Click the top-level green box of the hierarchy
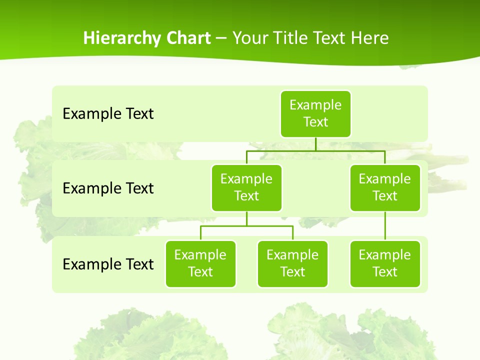click(x=315, y=113)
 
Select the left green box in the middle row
click(x=246, y=187)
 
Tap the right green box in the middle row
click(x=385, y=187)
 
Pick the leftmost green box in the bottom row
click(x=200, y=263)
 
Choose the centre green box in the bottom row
click(x=292, y=263)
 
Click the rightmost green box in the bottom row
click(x=385, y=263)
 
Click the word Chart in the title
click(x=188, y=38)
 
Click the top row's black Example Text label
click(x=108, y=113)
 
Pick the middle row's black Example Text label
click(x=108, y=188)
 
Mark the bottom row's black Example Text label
click(x=108, y=264)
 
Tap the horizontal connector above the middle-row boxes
click(x=315, y=150)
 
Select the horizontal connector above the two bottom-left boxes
click(x=246, y=226)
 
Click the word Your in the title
click(x=250, y=38)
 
